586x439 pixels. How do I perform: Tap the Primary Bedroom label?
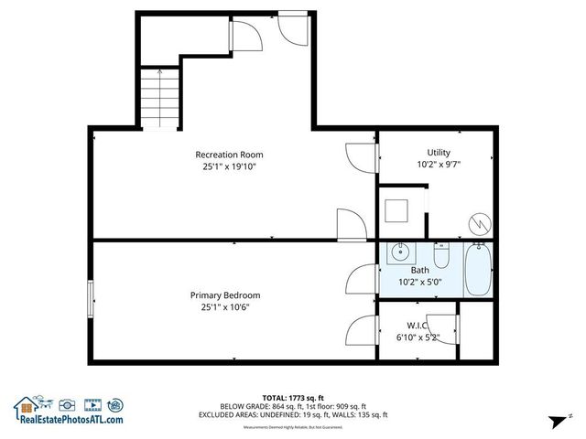pyautogui.click(x=225, y=294)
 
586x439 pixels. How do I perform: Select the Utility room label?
pyautogui.click(x=438, y=152)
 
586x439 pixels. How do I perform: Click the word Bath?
pyautogui.click(x=418, y=270)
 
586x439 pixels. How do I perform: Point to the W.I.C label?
pyautogui.click(x=418, y=326)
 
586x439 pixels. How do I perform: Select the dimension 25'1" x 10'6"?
pyautogui.click(x=225, y=307)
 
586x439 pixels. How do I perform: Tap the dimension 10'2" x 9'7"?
pyautogui.click(x=438, y=165)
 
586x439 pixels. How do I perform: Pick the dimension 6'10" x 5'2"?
pyautogui.click(x=418, y=337)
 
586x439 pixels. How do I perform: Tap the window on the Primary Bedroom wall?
pyautogui.click(x=90, y=300)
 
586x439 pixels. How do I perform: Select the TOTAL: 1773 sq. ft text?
pyautogui.click(x=293, y=397)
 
